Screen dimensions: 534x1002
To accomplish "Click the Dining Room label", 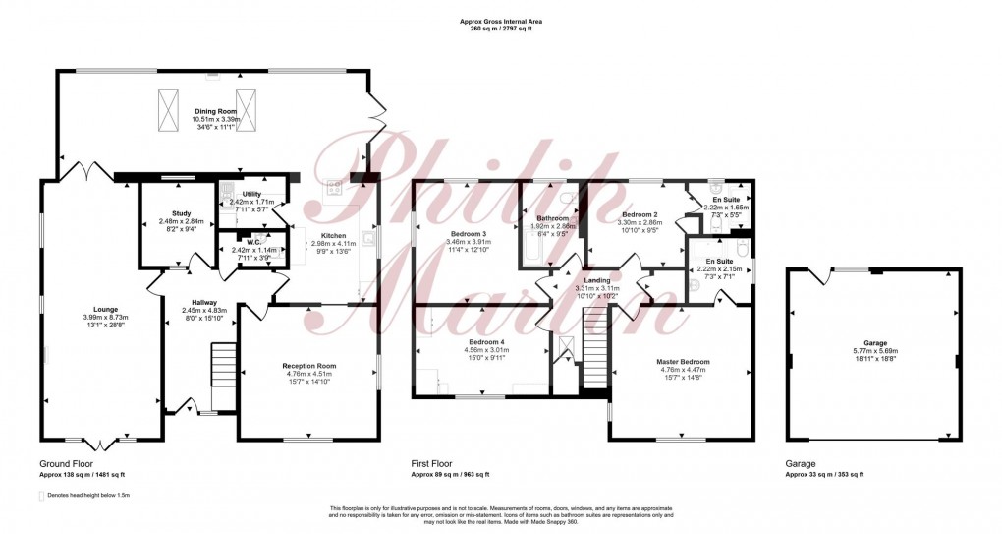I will pos(212,114).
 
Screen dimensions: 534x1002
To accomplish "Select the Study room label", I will pos(181,213).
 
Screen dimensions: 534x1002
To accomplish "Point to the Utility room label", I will pos(252,195).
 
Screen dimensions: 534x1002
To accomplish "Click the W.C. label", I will pos(252,242).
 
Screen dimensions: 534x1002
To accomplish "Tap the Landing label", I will pos(598,280).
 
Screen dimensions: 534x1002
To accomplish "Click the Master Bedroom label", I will pos(683,361).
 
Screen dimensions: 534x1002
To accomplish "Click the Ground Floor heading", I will pos(67,462).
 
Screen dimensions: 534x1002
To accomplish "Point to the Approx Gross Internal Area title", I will pos(501,21).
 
